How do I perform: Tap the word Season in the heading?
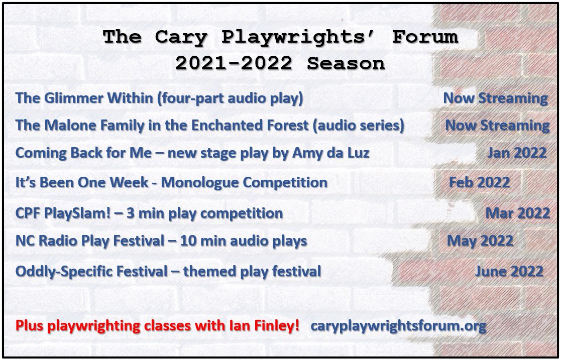(x=346, y=64)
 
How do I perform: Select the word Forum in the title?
(x=425, y=37)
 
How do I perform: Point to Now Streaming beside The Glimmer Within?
(x=496, y=98)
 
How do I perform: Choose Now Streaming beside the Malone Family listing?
(x=497, y=125)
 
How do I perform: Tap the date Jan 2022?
(x=517, y=153)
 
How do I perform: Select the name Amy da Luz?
(x=330, y=153)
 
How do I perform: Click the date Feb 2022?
(x=480, y=182)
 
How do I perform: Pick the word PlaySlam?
(x=79, y=213)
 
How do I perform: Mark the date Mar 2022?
(x=517, y=213)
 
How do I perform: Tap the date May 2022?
(x=480, y=241)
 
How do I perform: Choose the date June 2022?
(x=509, y=271)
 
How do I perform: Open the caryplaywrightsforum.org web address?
(x=399, y=326)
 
